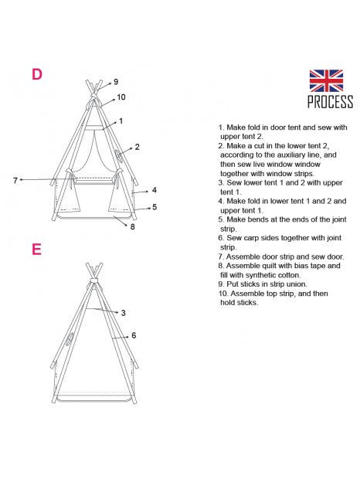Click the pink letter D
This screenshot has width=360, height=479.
tap(36, 74)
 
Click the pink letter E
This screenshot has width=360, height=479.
tap(36, 250)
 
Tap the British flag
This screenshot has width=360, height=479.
tap(326, 80)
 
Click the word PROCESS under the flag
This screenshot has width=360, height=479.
tap(330, 102)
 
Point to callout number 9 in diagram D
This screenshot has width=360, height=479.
tap(116, 82)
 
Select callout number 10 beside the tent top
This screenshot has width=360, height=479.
tap(121, 97)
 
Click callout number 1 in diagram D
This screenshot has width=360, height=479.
tap(121, 121)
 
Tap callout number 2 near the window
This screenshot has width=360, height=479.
tap(137, 147)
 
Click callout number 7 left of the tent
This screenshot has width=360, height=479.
tap(15, 180)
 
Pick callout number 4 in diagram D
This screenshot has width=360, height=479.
tap(155, 190)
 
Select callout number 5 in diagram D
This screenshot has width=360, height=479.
tap(155, 207)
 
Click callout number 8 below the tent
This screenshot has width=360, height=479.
tap(133, 226)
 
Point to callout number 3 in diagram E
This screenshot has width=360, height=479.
tap(124, 313)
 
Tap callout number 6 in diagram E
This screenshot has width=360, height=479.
tap(134, 335)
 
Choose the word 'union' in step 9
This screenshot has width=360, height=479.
tap(297, 284)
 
